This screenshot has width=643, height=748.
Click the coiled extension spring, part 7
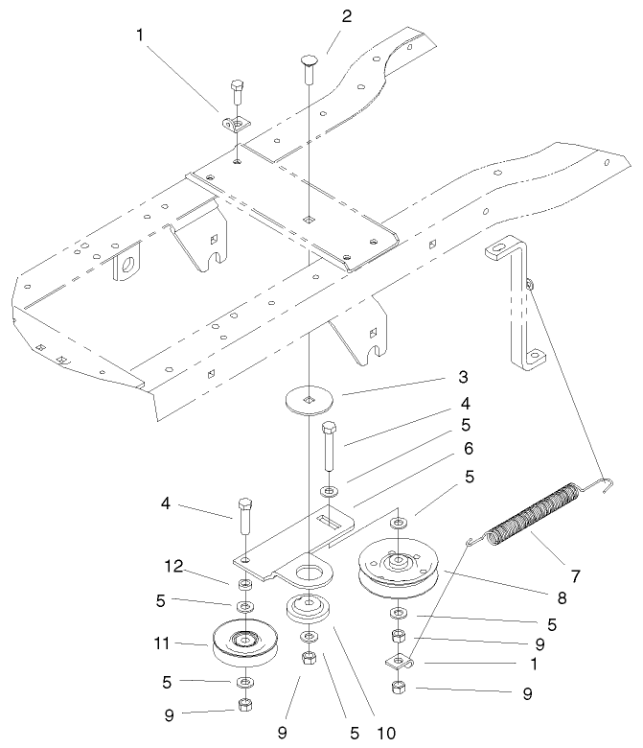coord(534,519)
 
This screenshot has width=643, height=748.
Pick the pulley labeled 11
coord(244,643)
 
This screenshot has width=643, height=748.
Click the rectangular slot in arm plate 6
coord(332,521)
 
